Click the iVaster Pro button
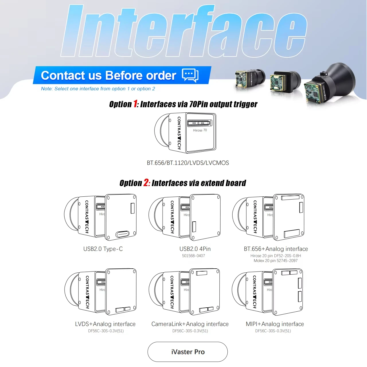click(188, 352)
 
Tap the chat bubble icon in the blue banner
click(190, 75)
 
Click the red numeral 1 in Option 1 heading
click(135, 104)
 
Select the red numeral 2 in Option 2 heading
click(147, 183)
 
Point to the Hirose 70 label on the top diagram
click(200, 130)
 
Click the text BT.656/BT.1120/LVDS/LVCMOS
click(188, 163)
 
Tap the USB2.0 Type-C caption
click(103, 249)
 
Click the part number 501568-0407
click(193, 255)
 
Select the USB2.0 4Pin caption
click(195, 249)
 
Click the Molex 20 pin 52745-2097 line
click(275, 261)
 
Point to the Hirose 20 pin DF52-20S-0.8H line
click(276, 255)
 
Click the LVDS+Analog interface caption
click(105, 324)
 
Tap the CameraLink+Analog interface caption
click(190, 324)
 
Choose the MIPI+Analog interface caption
click(275, 324)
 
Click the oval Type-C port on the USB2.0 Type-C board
click(122, 234)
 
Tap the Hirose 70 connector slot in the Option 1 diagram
click(199, 123)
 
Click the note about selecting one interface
click(98, 89)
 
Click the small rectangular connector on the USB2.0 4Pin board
click(194, 227)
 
